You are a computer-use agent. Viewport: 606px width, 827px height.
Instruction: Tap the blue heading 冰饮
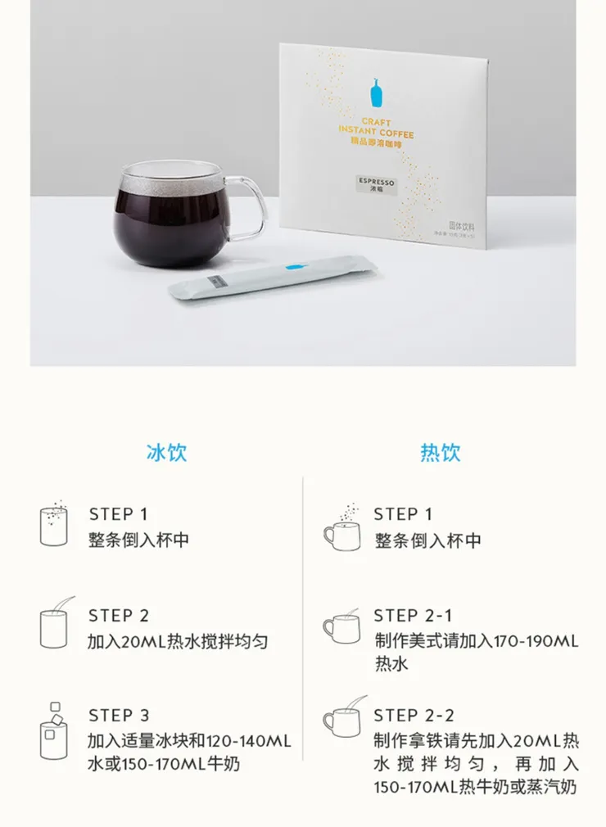click(166, 453)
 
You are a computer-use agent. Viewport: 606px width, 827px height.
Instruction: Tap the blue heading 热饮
click(440, 453)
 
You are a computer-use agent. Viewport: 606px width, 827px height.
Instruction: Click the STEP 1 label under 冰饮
click(118, 514)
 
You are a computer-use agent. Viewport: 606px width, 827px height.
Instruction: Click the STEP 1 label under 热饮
click(402, 514)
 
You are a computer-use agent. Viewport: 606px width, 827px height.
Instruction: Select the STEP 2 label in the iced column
click(119, 615)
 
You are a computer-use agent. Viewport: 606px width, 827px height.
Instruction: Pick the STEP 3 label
click(119, 716)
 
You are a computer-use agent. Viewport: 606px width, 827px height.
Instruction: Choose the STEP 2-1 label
click(412, 615)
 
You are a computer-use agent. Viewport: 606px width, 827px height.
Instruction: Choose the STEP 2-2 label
click(414, 716)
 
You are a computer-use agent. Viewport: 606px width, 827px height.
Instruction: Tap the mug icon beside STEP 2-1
click(341, 627)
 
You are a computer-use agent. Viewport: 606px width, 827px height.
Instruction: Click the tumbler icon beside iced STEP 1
click(54, 525)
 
